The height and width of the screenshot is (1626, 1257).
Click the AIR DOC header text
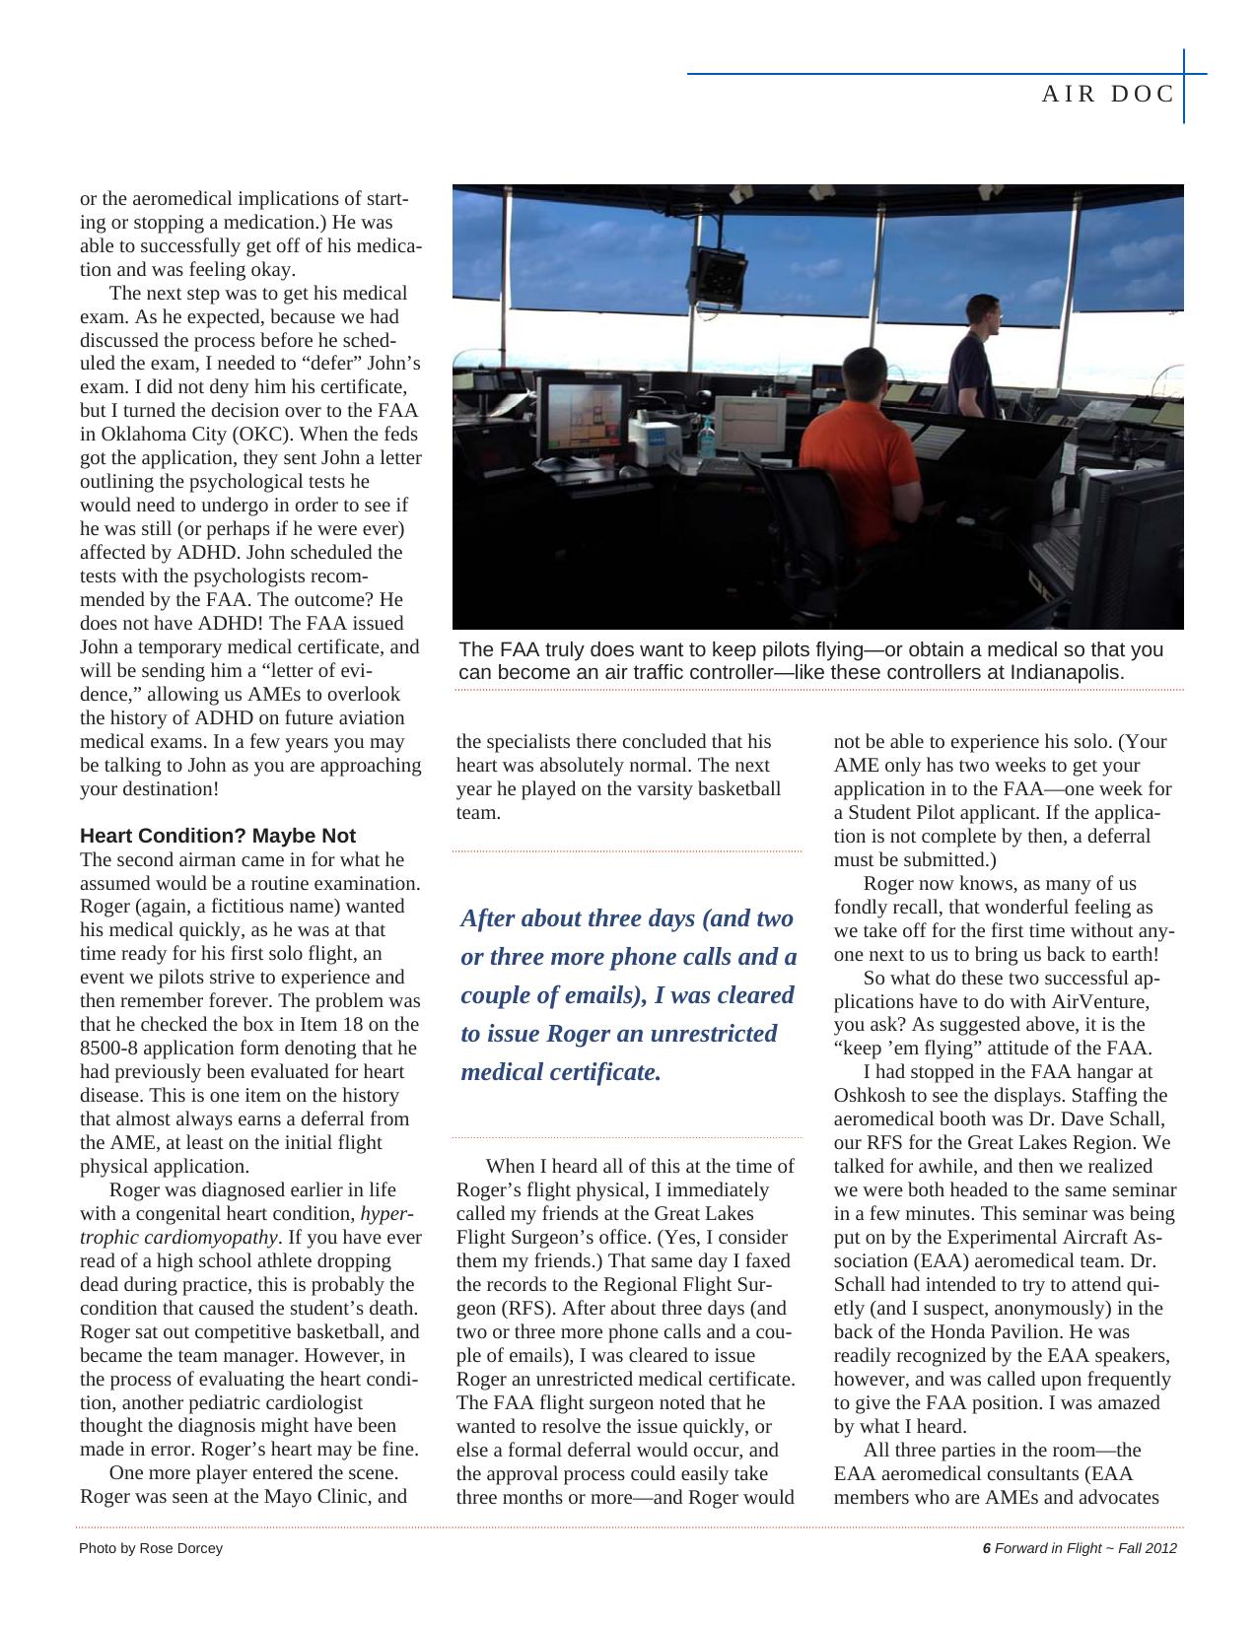pos(1108,94)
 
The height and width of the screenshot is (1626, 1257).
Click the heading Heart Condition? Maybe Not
pos(217,836)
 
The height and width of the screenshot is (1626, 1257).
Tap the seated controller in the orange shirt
pos(852,434)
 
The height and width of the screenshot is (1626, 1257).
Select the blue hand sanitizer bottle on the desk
pos(706,438)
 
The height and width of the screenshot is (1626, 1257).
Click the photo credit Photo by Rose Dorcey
pos(151,1548)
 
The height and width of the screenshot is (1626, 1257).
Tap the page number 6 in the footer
pos(986,1548)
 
